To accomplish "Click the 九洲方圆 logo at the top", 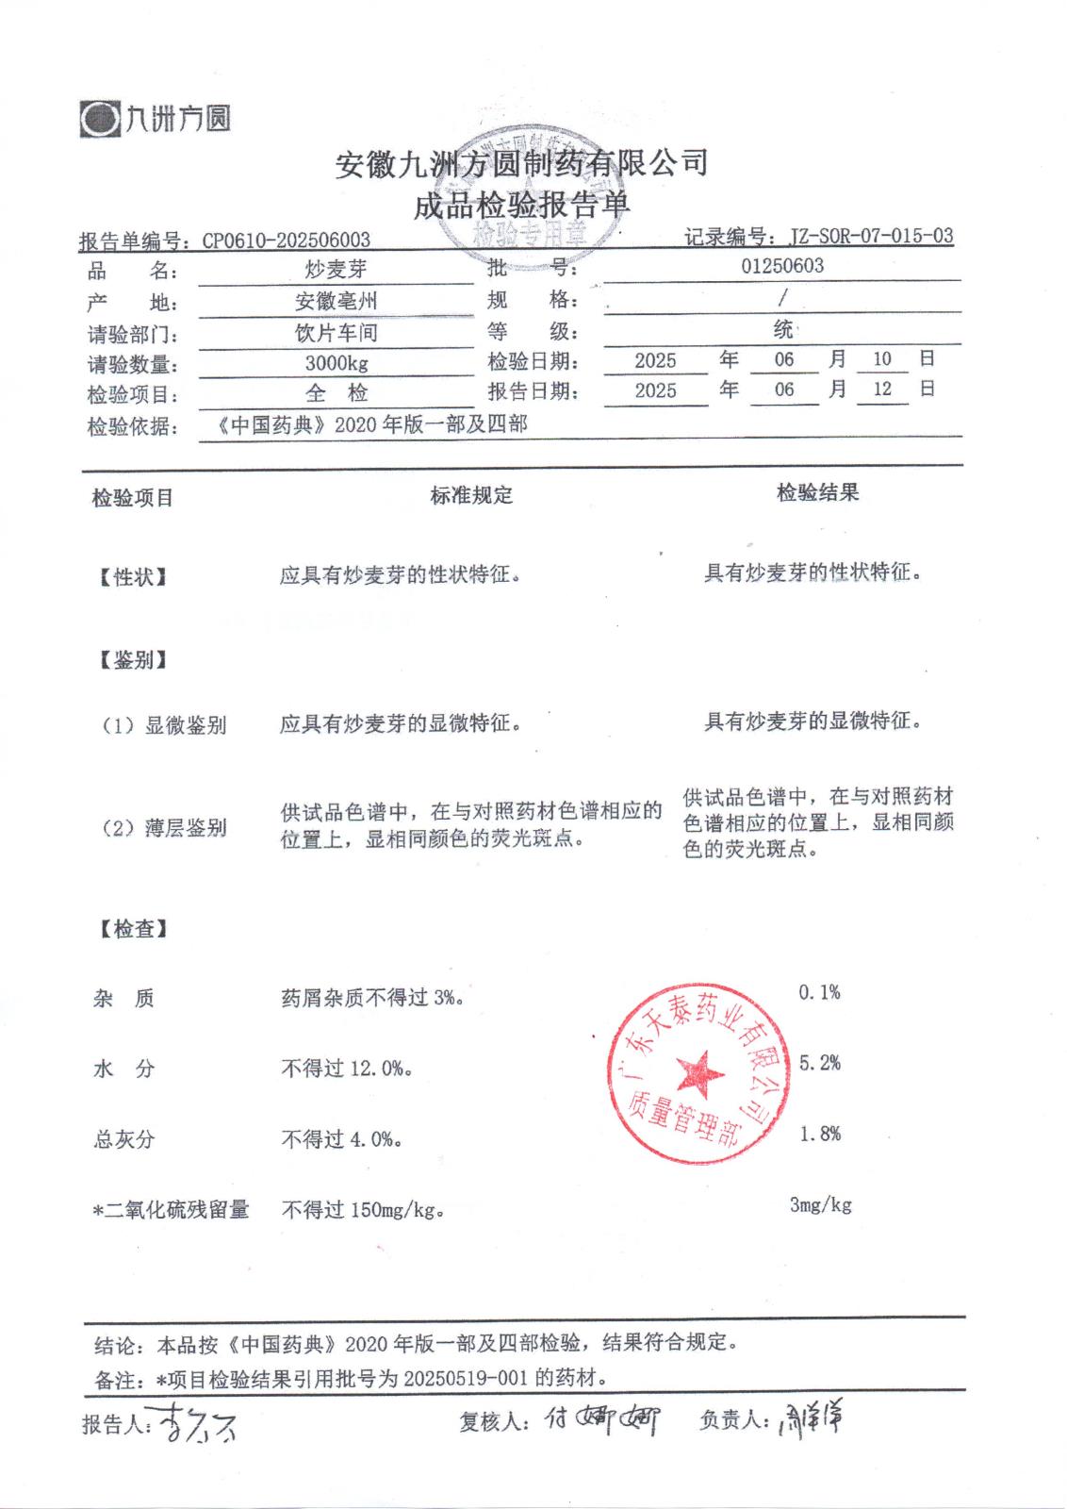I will tap(156, 119).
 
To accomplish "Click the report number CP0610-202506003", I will tap(286, 240).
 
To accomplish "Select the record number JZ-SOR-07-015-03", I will tap(870, 236).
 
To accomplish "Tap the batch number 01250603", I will tap(781, 266).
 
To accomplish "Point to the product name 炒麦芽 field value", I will tap(336, 270).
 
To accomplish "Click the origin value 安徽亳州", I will tap(336, 302).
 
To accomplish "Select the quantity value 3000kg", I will tap(336, 363).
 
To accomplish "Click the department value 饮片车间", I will tap(336, 333).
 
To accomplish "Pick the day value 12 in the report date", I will tap(881, 389).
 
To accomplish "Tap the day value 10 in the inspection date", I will tap(881, 358).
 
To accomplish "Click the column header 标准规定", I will tap(471, 495).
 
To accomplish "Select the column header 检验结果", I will tap(817, 492).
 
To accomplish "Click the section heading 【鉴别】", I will tap(133, 660).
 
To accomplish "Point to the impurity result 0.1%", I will tap(818, 992).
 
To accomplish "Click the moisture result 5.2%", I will tap(819, 1063).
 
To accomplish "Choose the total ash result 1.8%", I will tap(819, 1134).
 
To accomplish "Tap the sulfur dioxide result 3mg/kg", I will tap(820, 1204).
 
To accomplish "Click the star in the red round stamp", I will tap(700, 1072).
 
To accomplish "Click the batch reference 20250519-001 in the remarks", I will tap(466, 1378).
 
